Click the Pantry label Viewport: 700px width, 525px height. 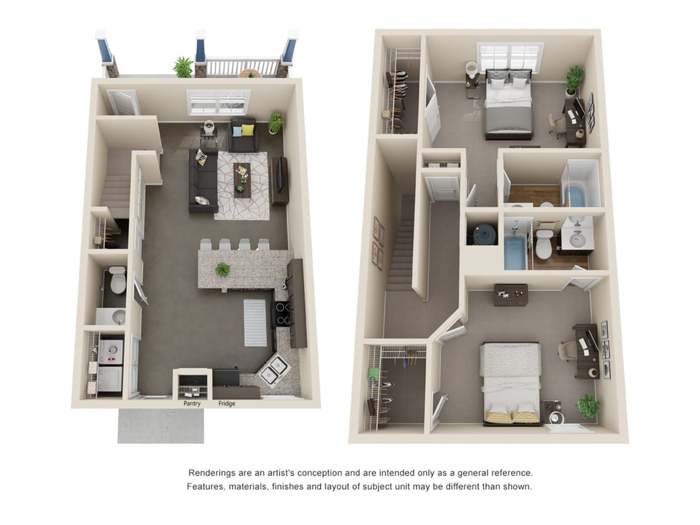[191, 404]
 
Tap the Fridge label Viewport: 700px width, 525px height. [227, 404]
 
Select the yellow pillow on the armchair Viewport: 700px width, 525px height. [248, 130]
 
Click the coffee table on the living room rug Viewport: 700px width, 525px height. [242, 180]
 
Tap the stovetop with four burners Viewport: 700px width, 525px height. [281, 314]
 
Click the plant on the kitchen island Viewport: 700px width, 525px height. [223, 270]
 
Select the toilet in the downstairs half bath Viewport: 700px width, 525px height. [118, 280]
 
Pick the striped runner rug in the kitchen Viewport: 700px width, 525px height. [255, 323]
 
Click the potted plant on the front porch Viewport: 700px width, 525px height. [183, 67]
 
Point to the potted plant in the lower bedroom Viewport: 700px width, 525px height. [587, 406]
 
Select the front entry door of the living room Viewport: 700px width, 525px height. [123, 102]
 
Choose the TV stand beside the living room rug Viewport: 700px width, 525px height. [280, 180]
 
